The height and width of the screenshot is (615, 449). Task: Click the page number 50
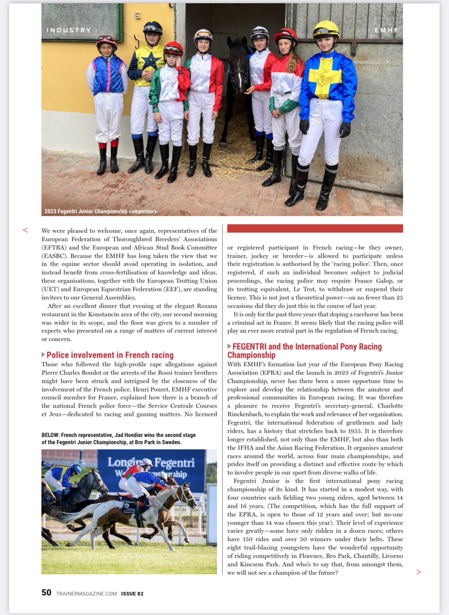(x=46, y=593)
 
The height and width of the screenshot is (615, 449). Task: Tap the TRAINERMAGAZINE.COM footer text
(x=87, y=594)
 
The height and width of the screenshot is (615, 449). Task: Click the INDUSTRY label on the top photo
(x=69, y=30)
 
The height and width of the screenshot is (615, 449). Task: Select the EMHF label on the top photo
(x=386, y=30)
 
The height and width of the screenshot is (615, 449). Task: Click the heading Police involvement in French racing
(x=110, y=355)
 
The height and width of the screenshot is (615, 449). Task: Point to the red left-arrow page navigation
(x=26, y=230)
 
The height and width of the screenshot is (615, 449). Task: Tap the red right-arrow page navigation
(x=419, y=572)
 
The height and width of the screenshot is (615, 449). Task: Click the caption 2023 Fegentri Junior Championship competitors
(x=101, y=211)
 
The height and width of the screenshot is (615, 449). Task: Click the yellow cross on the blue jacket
(x=326, y=76)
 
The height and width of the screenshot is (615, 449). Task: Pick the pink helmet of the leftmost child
(x=106, y=40)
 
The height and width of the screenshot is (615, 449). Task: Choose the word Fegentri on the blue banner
(x=174, y=463)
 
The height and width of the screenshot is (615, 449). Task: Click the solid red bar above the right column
(x=315, y=228)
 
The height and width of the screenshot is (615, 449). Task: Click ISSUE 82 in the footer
(x=132, y=594)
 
